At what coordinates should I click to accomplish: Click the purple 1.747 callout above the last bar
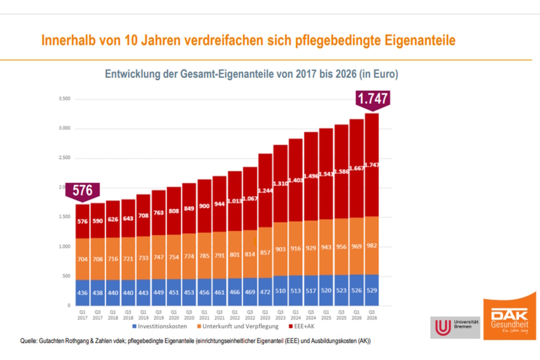pos(373,97)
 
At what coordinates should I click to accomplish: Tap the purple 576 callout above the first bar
pos(82,190)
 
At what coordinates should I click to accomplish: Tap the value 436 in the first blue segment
pos(82,293)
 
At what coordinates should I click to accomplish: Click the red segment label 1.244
pos(265,190)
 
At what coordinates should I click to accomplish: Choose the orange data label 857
pos(265,251)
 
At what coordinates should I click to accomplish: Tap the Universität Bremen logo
pos(455,327)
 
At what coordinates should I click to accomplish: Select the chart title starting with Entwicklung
pos(251,74)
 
